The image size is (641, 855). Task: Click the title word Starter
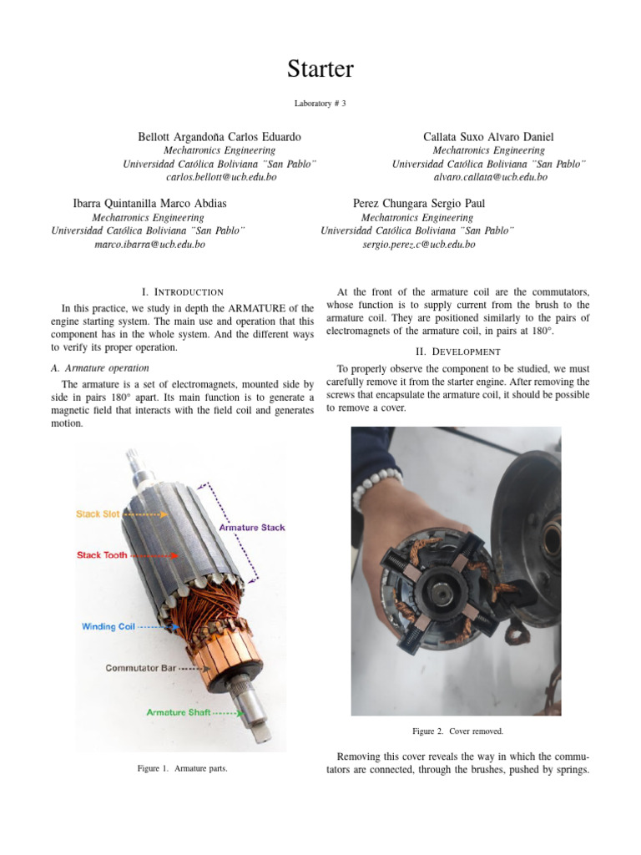pos(320,69)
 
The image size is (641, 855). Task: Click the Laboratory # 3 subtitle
pos(320,103)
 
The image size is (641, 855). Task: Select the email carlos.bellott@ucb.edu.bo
pos(220,178)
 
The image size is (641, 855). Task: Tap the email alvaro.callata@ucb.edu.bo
pos(490,177)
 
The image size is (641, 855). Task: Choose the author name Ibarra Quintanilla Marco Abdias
pos(149,203)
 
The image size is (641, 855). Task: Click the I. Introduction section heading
pos(183,292)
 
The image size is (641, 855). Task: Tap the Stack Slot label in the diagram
pos(98,514)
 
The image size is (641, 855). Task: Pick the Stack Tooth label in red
pos(102,554)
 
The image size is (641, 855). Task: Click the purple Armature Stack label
pos(252,528)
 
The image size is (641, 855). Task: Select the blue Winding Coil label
pos(108,626)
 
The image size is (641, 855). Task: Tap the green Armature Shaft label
pos(179,712)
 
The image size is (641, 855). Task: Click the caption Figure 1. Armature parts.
pos(182,768)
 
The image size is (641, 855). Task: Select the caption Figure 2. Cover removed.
pos(458,731)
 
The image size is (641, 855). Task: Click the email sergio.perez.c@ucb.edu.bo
pos(419,245)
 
